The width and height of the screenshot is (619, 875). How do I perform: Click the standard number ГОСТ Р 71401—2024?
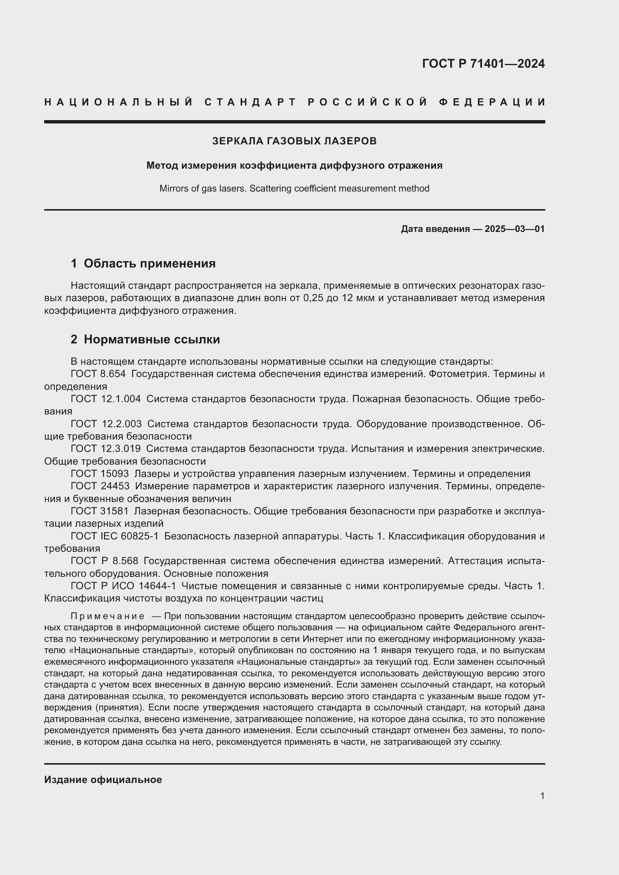pos(483,64)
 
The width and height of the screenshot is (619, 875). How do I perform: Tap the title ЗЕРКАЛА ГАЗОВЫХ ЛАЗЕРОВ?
pos(294,141)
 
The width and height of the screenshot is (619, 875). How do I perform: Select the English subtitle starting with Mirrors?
pos(294,189)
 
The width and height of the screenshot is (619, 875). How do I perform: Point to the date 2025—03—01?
pos(515,229)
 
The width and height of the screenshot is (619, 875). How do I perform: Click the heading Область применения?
pos(149,263)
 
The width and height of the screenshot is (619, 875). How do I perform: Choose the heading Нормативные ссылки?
pos(152,339)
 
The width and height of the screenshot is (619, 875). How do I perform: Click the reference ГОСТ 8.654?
pos(98,374)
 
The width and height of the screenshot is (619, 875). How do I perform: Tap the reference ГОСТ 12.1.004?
pos(106,399)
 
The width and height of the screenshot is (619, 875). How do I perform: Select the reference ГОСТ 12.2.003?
pos(106,424)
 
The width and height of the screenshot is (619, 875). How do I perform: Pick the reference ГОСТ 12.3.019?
pos(106,449)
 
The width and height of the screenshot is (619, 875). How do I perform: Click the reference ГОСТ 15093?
pos(100,474)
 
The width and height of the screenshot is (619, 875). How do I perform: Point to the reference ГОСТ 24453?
pos(100,486)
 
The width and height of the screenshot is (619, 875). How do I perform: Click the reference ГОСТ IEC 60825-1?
pos(115,536)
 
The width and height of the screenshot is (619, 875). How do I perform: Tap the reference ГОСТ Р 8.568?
pos(104,561)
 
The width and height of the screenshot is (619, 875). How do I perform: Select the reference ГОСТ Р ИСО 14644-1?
pos(124,586)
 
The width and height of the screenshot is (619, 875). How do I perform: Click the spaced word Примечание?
pos(107,616)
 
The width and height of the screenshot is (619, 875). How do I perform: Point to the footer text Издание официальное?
pos(103,779)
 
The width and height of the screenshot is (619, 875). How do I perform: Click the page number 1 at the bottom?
pos(542,796)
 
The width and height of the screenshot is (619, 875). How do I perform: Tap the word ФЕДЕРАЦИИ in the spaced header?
pos(492,102)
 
